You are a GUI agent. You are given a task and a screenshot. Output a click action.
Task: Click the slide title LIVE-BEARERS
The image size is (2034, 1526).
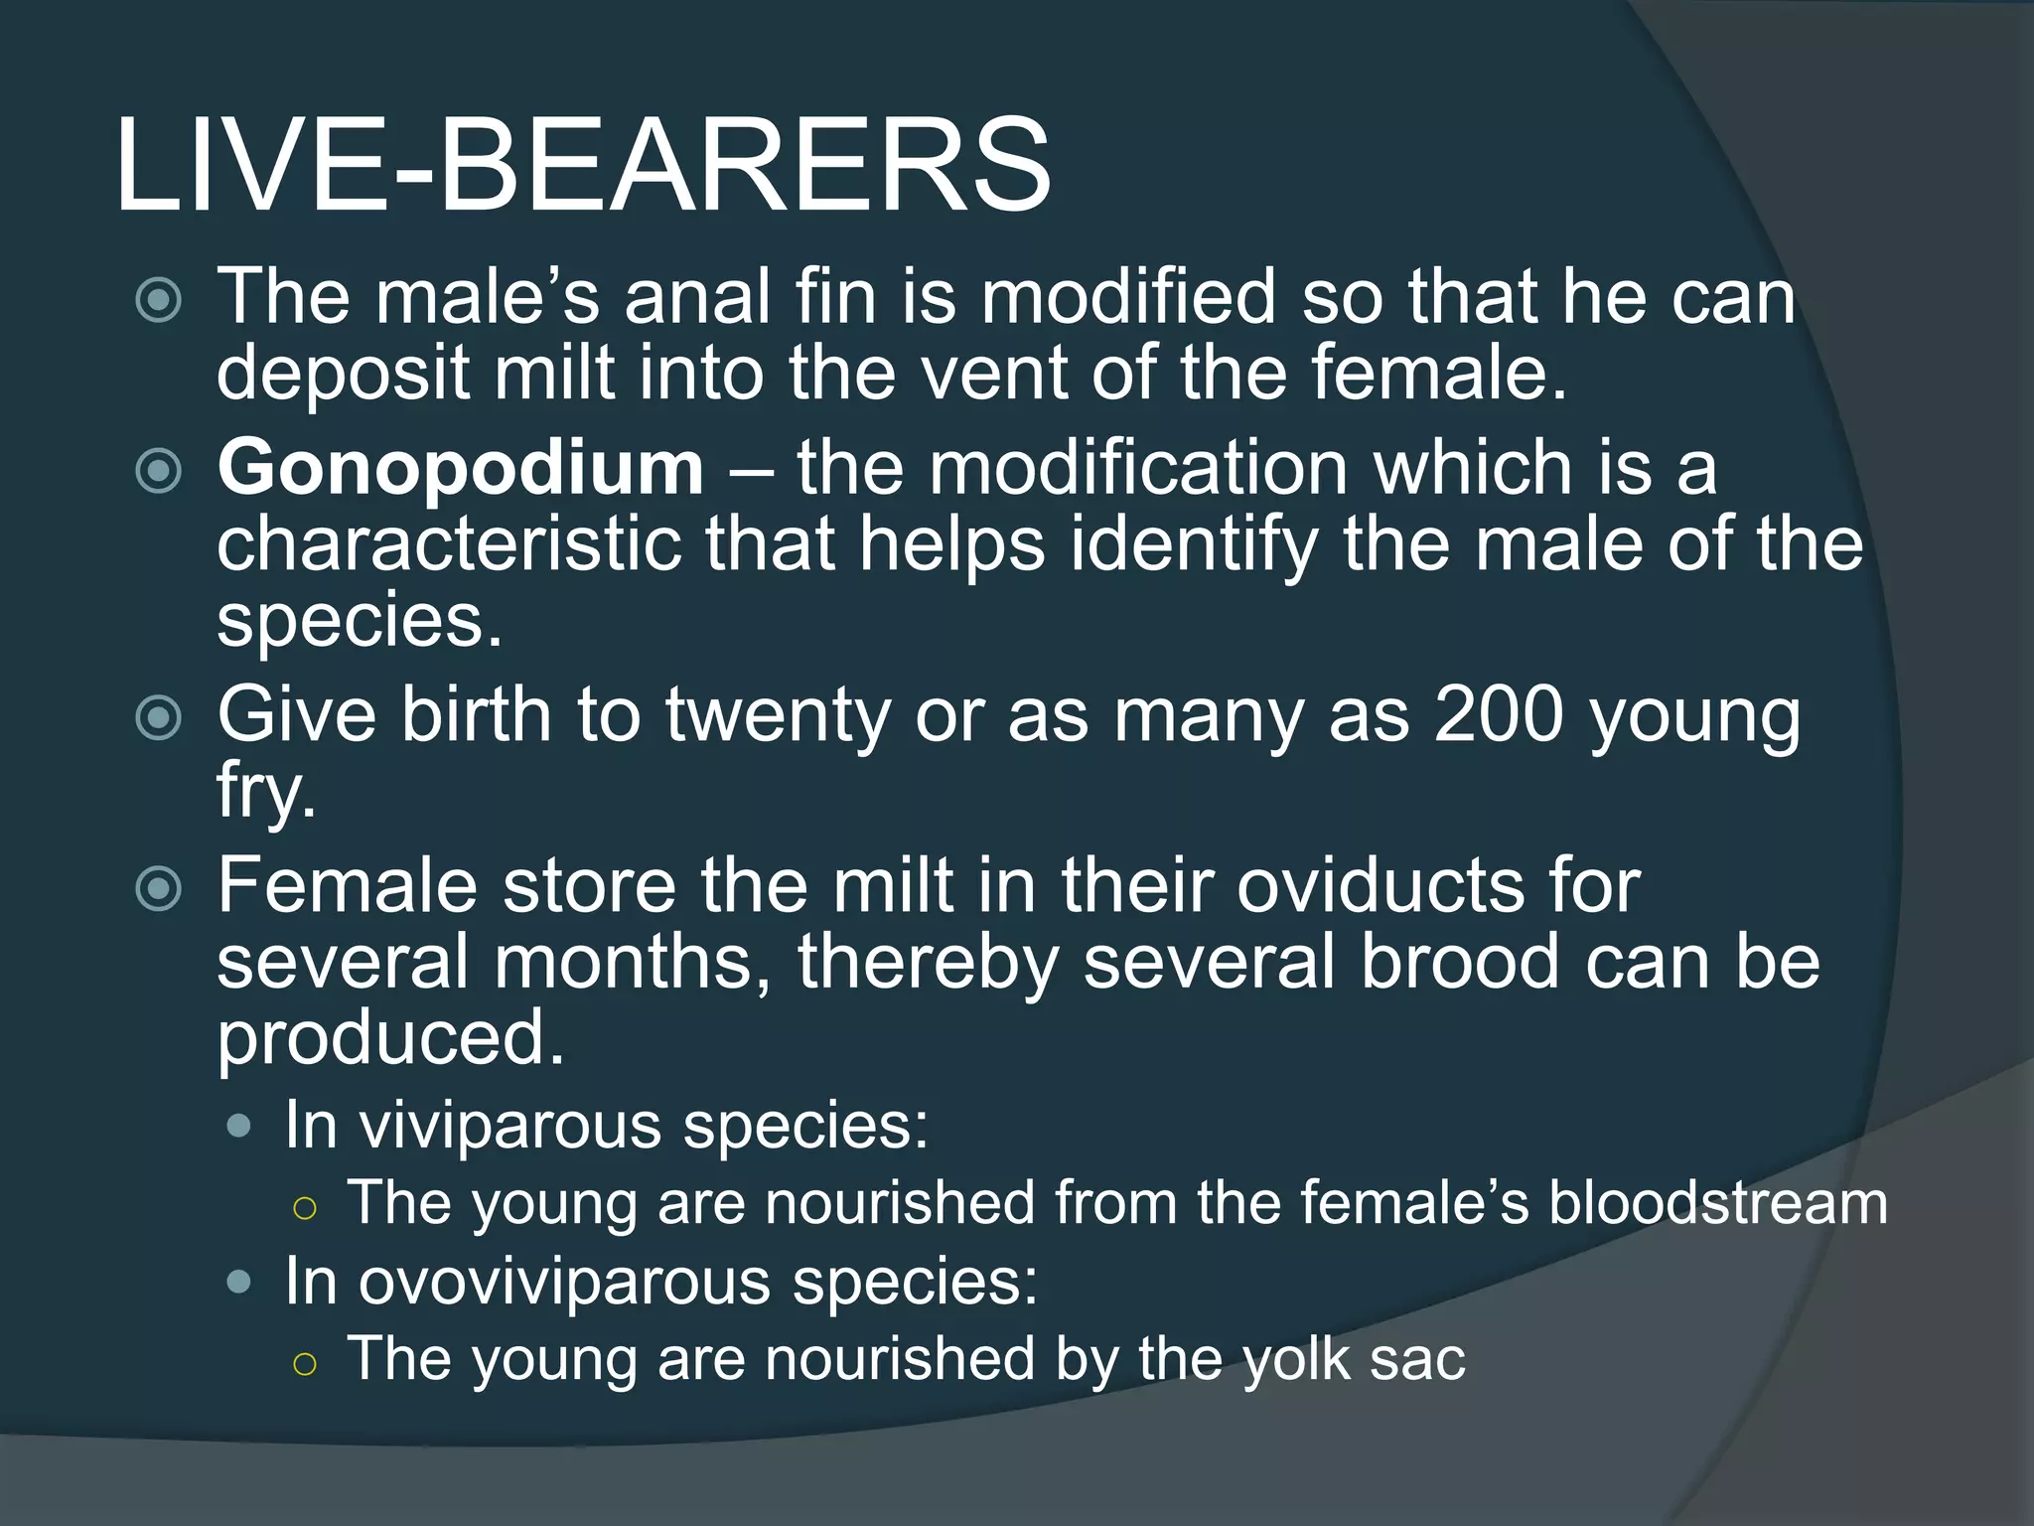582,165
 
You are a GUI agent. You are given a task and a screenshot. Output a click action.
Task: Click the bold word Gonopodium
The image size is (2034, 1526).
461,467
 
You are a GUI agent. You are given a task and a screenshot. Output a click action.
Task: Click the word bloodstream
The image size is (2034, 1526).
1718,1202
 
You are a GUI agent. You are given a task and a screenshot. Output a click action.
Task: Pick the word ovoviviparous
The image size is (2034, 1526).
564,1281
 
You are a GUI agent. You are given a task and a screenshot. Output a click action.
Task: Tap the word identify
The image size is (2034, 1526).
1194,545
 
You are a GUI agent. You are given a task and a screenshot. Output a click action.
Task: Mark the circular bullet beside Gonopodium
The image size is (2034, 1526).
158,470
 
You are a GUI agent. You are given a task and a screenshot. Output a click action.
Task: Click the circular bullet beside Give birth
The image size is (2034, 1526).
158,717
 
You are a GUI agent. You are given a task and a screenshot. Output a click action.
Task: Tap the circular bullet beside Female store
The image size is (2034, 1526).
158,887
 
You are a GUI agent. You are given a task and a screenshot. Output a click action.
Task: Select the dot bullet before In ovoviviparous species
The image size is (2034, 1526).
238,1282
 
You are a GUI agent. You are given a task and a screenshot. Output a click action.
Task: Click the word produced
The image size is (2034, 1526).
390,1037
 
